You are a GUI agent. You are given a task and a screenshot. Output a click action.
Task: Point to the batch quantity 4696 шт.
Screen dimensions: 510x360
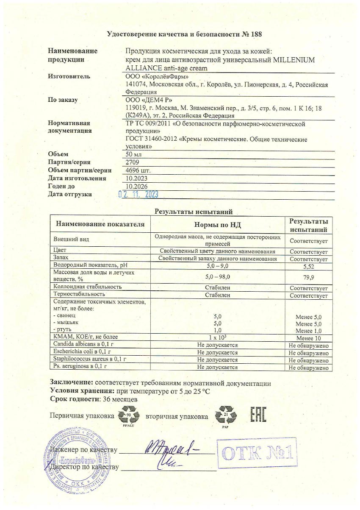point(138,170)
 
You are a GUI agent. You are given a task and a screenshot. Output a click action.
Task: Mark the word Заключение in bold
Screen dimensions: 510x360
point(71,383)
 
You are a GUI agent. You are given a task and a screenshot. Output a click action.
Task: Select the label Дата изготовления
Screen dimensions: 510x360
point(77,178)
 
